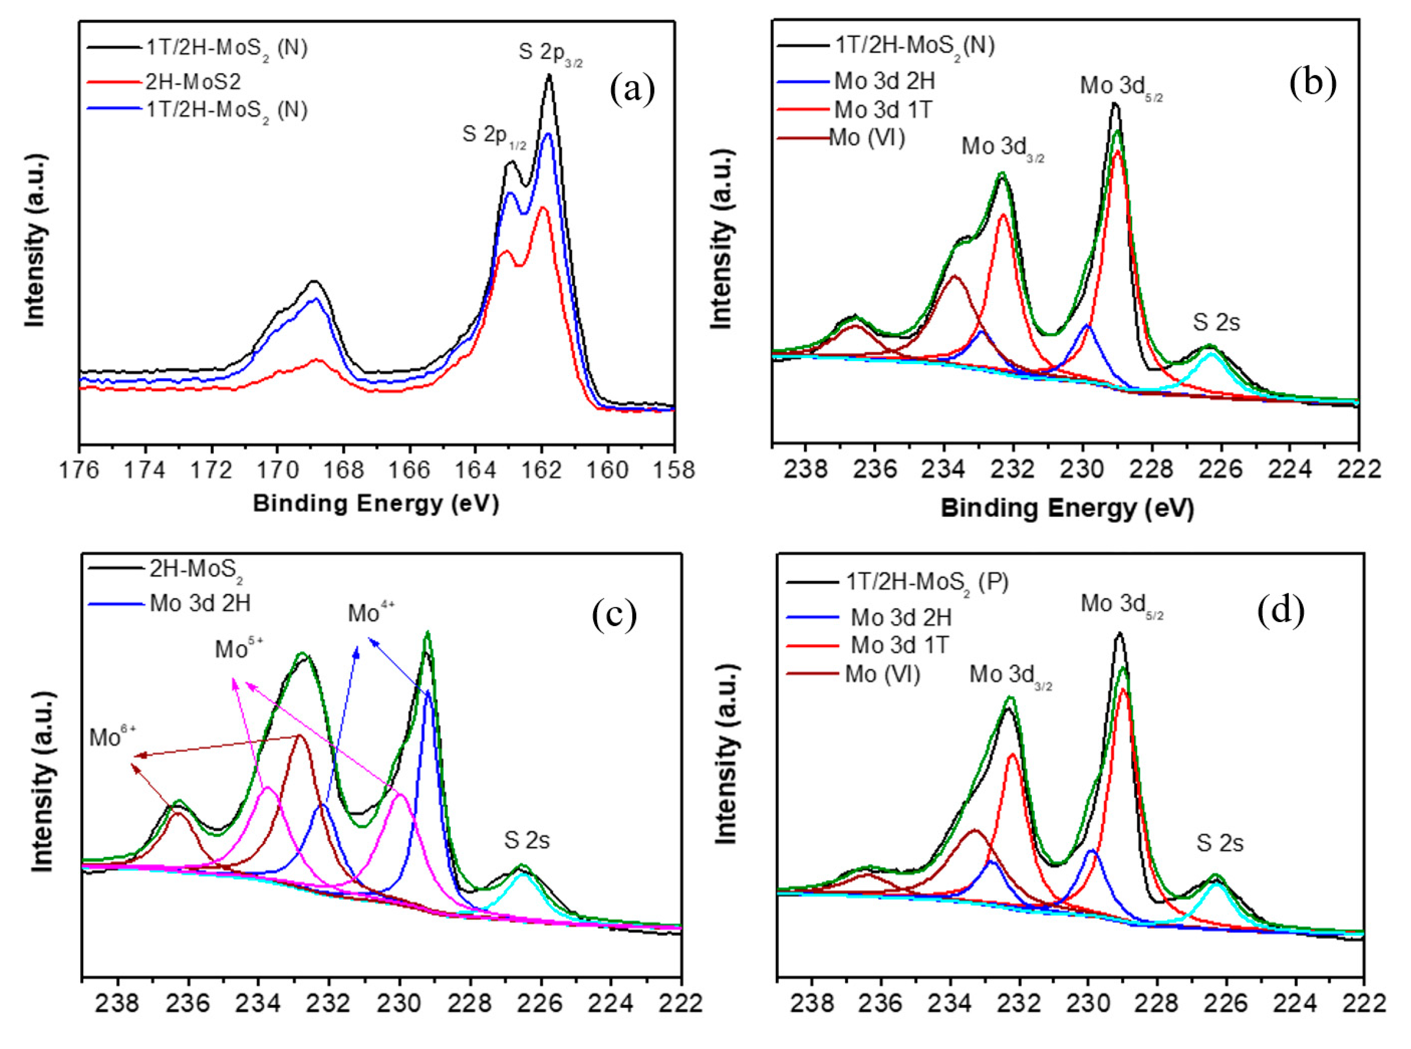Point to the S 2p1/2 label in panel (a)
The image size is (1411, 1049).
pyautogui.click(x=494, y=137)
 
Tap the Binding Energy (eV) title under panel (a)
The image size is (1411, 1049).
pyautogui.click(x=376, y=503)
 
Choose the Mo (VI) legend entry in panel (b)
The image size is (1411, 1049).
pyautogui.click(x=866, y=138)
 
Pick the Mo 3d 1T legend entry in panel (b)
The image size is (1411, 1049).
pyautogui.click(x=882, y=110)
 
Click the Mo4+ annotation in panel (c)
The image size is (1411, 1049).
pyautogui.click(x=371, y=613)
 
